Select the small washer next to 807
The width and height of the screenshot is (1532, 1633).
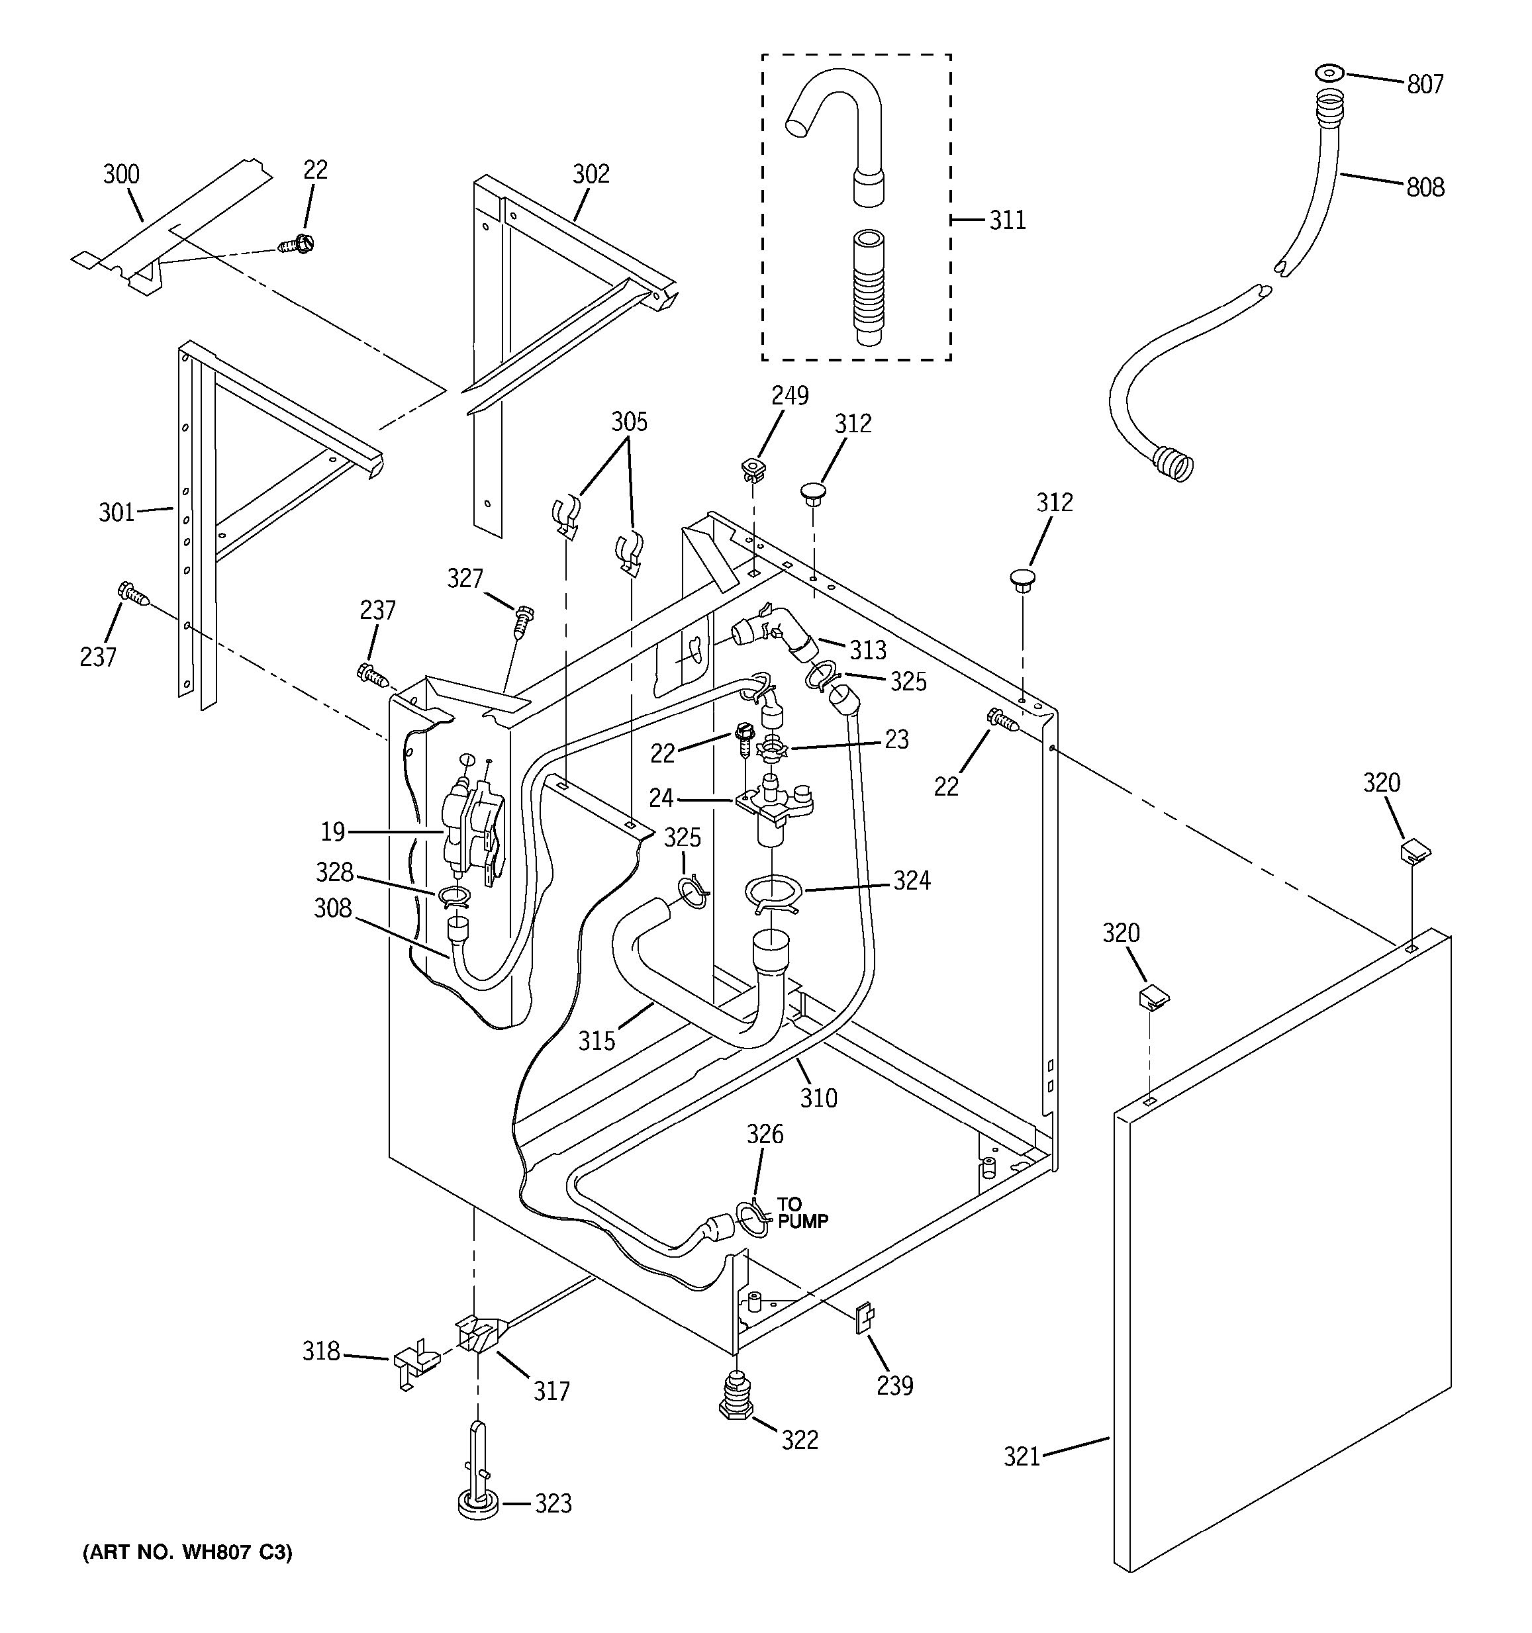1329,73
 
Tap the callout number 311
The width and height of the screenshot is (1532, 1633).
1007,220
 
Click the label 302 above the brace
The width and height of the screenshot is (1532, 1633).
591,173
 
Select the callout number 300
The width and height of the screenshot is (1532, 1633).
122,174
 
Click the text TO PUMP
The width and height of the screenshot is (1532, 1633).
802,1213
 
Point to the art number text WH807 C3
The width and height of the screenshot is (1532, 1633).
187,1552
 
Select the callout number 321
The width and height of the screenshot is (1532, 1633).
1022,1457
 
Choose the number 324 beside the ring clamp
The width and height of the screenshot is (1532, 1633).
912,880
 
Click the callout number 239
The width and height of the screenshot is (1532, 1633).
894,1385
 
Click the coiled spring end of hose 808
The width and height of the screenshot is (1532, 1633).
1173,464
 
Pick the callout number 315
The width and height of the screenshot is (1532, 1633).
597,1041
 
